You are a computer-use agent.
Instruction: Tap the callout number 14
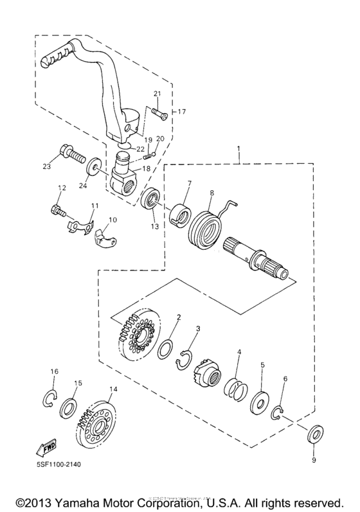(x=113, y=389)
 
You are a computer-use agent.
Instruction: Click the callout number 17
(x=181, y=112)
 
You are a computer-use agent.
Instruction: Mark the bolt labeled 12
(x=57, y=209)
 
